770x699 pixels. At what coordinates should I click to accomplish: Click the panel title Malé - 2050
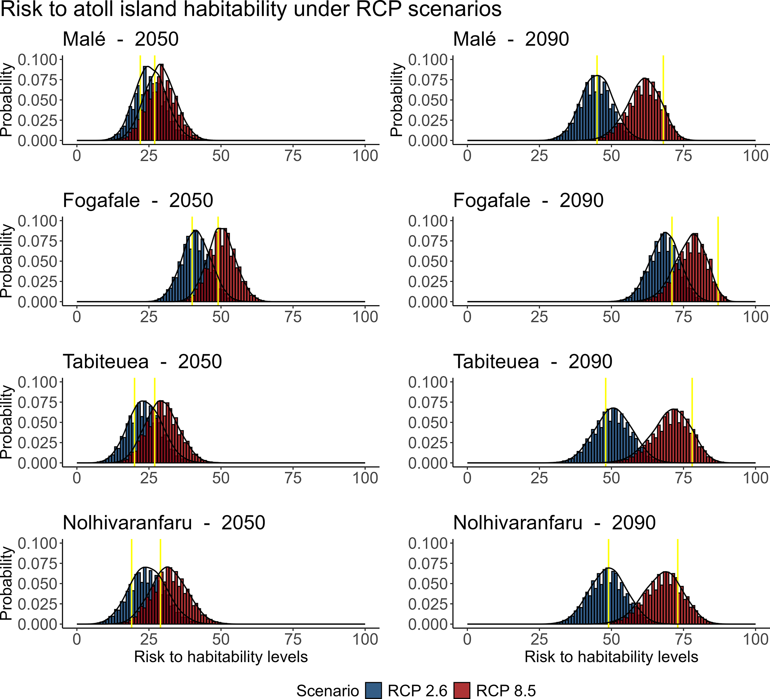120,39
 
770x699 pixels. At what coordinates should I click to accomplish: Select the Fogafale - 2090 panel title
528,200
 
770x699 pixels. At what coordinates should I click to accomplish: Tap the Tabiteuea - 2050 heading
142,361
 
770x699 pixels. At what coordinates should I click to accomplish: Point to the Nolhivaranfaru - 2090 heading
554,522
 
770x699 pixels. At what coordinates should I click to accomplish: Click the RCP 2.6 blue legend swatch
373,690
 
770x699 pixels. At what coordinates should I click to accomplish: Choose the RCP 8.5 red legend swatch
462,690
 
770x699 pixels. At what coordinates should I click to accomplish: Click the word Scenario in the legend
327,690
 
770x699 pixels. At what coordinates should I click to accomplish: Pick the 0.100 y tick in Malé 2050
37,60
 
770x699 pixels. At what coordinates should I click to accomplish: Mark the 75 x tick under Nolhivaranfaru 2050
293,639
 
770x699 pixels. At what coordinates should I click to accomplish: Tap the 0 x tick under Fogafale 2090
467,317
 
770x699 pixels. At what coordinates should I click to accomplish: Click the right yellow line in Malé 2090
663,100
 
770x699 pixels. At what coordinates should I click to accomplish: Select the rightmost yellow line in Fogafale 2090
718,260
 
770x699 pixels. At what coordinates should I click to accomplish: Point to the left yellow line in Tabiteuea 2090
605,421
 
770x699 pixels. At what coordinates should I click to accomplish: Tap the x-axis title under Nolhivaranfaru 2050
221,656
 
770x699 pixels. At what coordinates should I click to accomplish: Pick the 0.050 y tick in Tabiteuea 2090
427,423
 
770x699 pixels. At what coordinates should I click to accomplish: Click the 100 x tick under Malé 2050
365,156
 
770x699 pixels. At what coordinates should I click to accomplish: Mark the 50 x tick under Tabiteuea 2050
221,478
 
